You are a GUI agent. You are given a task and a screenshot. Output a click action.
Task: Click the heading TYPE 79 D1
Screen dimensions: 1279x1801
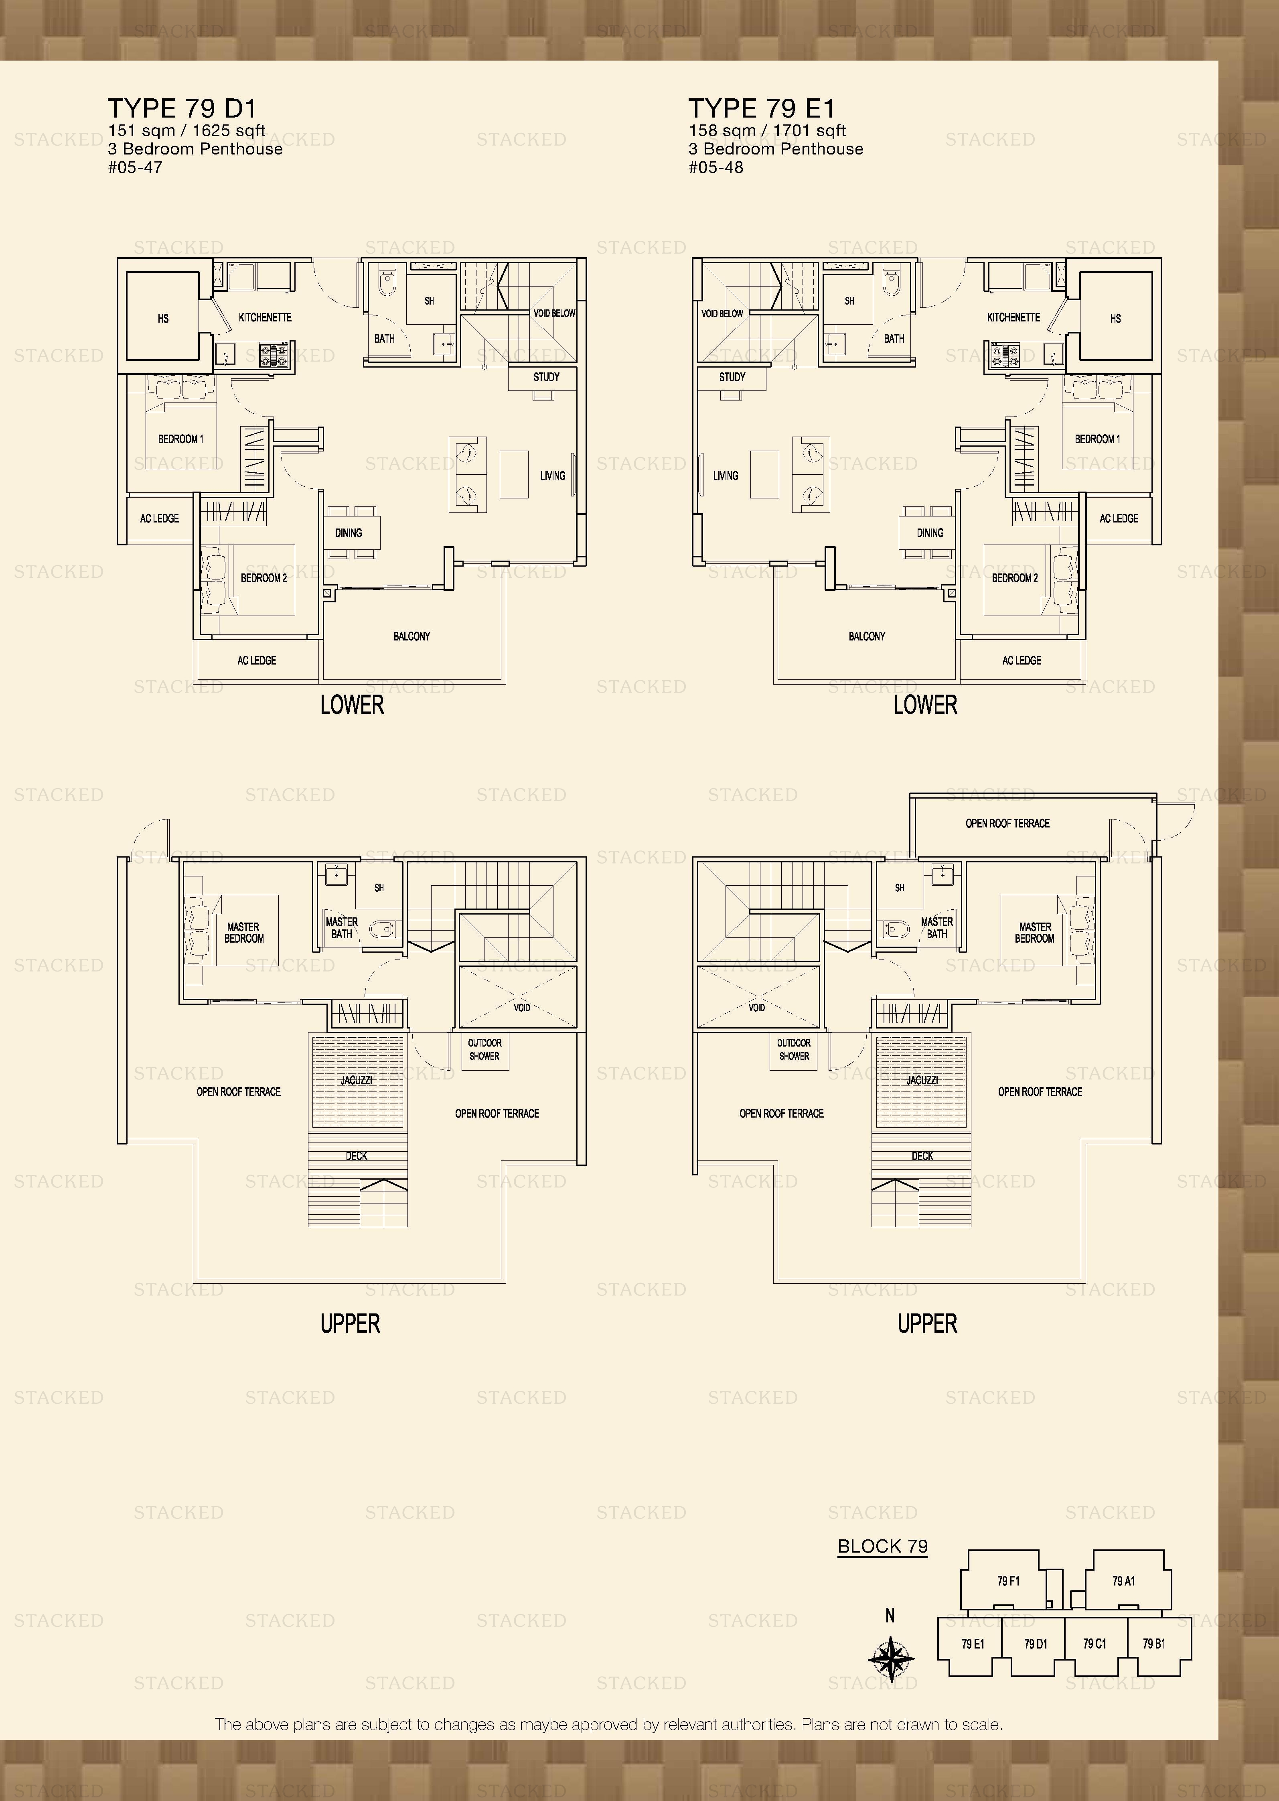[182, 108]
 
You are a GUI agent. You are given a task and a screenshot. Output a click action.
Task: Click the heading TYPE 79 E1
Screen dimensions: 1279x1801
[762, 108]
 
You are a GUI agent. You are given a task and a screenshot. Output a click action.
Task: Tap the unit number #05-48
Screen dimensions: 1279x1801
[716, 167]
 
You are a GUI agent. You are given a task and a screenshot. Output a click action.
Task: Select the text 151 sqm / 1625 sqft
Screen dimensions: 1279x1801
[186, 131]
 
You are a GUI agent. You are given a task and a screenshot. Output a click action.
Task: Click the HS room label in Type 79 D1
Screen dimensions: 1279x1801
[163, 318]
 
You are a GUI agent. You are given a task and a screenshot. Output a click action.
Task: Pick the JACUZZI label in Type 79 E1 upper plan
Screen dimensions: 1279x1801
[921, 1080]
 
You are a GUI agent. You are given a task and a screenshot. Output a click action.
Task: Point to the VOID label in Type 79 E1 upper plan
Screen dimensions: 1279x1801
[757, 1008]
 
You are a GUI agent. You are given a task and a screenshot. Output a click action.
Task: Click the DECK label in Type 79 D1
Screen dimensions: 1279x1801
[357, 1156]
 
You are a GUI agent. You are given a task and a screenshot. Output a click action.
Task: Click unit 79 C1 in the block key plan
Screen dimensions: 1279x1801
[1095, 1643]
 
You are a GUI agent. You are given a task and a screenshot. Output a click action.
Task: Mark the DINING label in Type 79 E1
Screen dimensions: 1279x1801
[930, 533]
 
